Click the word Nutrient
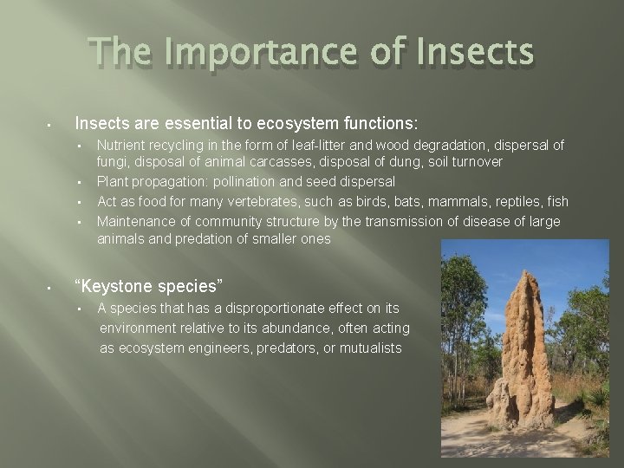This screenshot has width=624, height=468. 122,145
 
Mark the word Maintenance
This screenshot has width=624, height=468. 136,221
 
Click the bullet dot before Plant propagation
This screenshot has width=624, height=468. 79,182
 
